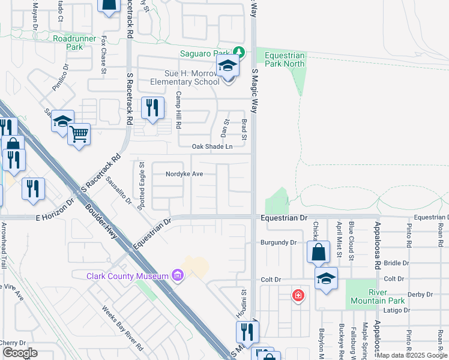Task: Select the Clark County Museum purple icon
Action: click(177, 275)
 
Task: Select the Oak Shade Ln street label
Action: click(212, 146)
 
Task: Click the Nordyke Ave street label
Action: click(185, 174)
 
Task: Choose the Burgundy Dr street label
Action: click(279, 242)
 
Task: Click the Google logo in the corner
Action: click(20, 353)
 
